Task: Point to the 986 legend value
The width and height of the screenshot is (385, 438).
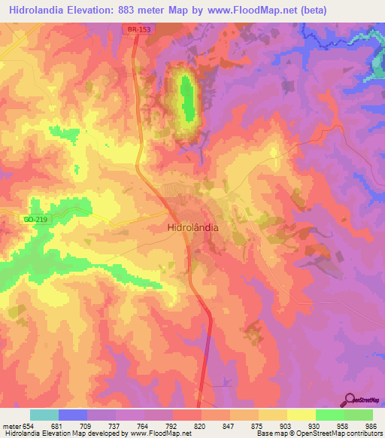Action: click(x=372, y=426)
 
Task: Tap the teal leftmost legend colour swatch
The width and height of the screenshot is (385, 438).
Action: click(x=44, y=415)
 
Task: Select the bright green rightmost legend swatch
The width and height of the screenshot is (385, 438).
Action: click(x=359, y=415)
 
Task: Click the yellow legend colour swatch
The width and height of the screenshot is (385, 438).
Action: click(x=301, y=415)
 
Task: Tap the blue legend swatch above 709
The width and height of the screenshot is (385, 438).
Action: click(x=73, y=415)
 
